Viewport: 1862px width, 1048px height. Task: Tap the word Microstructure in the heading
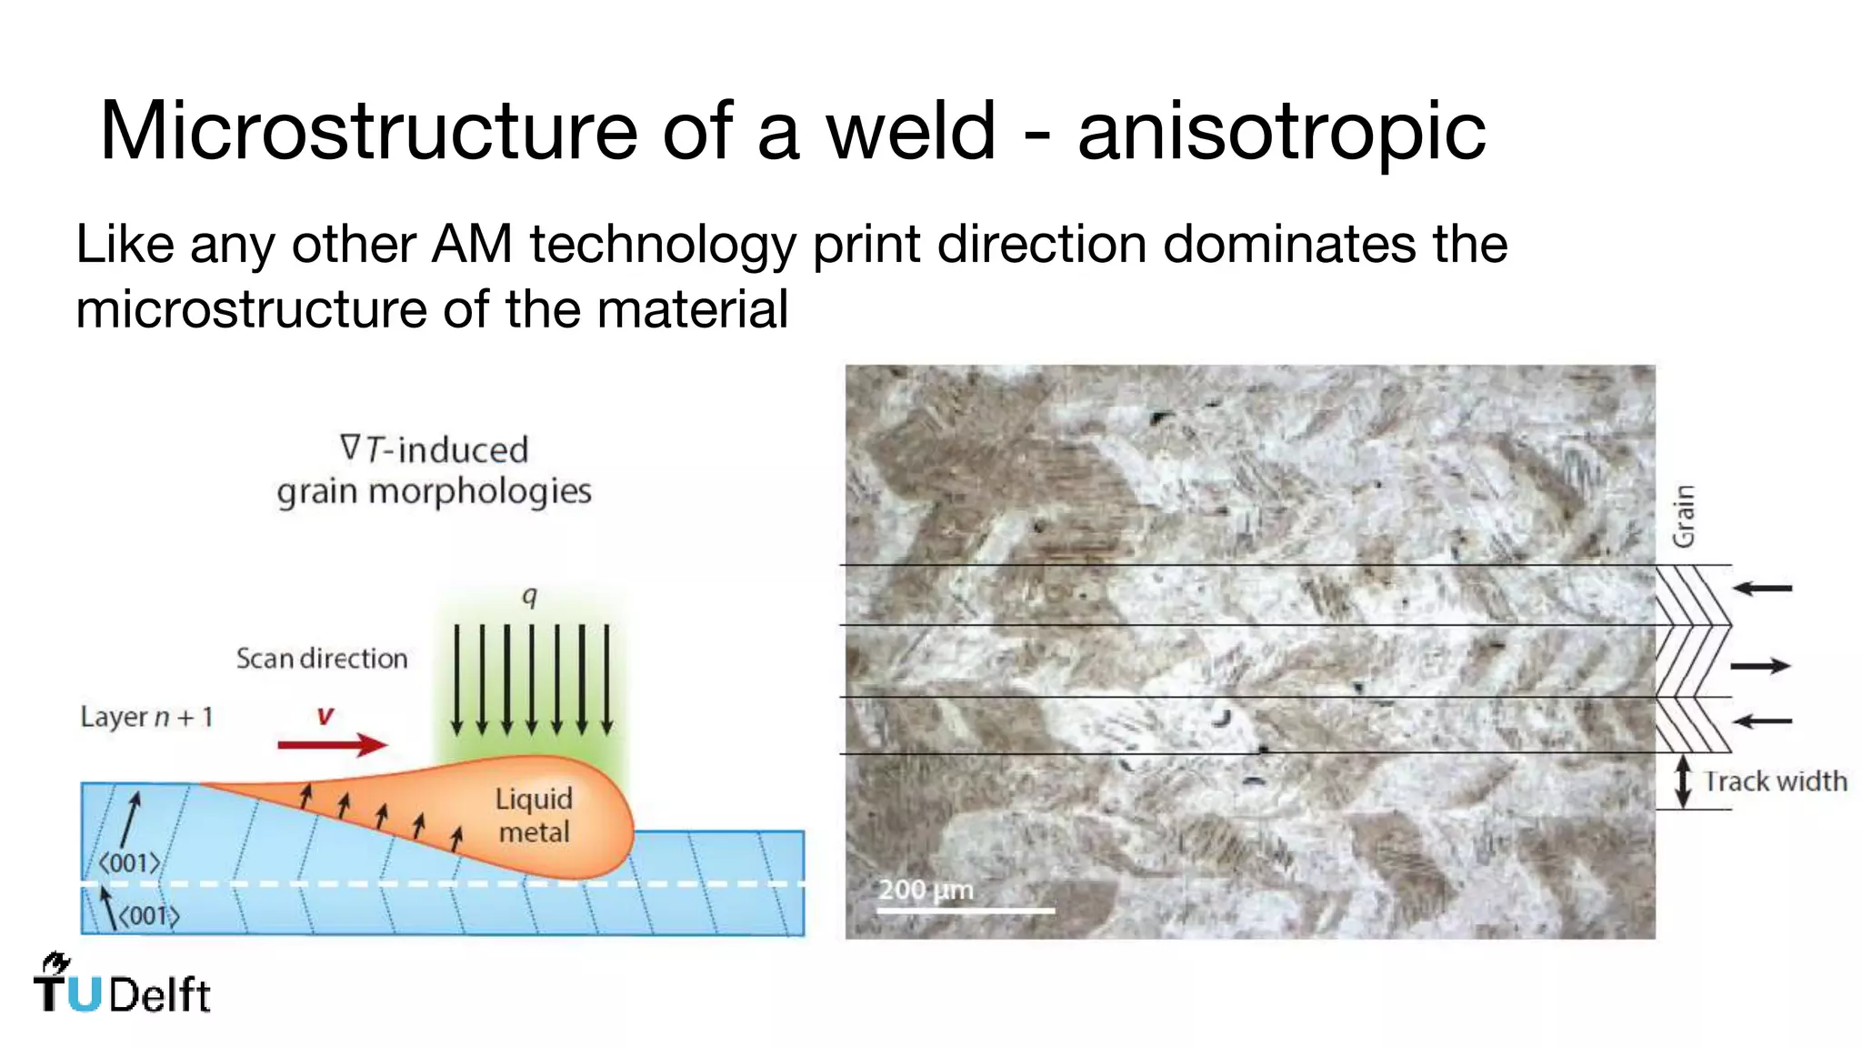coord(368,132)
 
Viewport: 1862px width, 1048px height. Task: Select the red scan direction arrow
coord(332,745)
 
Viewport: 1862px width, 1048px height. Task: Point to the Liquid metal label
coord(534,815)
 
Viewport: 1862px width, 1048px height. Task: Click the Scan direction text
coord(322,658)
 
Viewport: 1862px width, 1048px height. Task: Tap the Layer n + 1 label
coord(146,717)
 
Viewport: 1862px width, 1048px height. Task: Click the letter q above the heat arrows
coord(530,596)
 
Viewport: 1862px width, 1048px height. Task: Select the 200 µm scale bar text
coord(926,889)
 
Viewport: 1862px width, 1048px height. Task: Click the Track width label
coord(1775,781)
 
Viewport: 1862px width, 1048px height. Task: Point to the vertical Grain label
coord(1684,516)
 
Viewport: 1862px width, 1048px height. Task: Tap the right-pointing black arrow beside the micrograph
coord(1760,667)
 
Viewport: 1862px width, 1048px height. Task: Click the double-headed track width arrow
coord(1683,781)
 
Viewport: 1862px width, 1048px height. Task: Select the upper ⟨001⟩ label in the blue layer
coord(129,862)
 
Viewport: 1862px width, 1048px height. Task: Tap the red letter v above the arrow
coord(325,716)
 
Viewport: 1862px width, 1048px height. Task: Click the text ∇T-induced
coord(434,449)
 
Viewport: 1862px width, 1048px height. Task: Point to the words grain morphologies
coord(434,491)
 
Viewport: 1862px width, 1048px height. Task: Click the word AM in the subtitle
coord(472,245)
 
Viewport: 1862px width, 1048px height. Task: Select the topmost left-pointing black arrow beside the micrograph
coord(1762,589)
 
